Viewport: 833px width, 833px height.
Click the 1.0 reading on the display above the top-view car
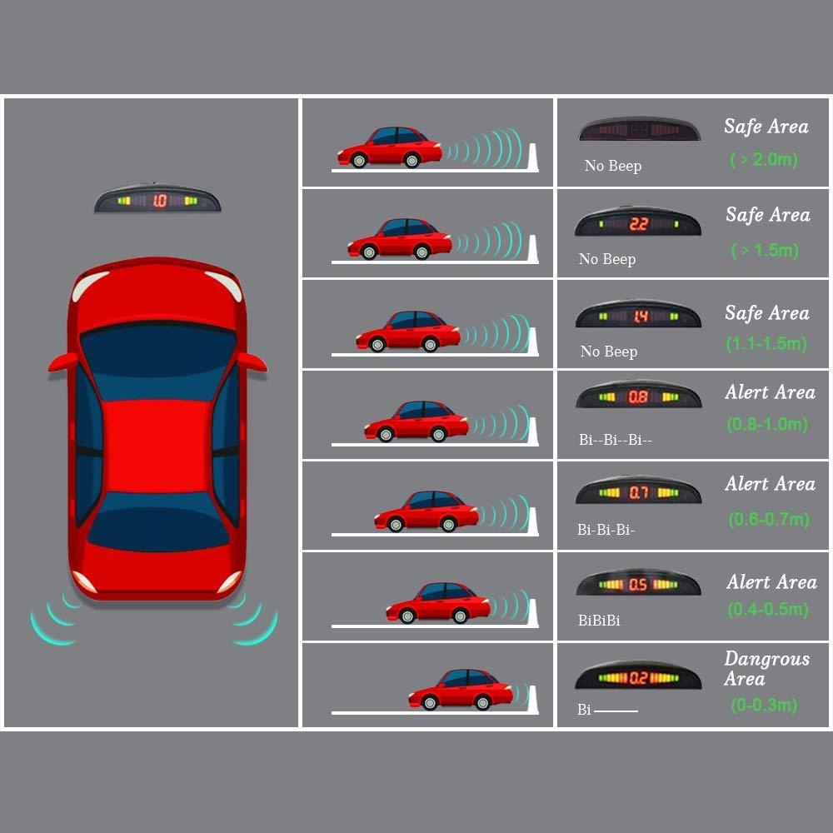(160, 200)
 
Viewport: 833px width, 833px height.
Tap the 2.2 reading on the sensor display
(639, 224)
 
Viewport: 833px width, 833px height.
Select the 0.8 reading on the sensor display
(638, 397)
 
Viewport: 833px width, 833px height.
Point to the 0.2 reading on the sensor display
(639, 678)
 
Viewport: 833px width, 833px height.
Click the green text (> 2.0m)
(764, 159)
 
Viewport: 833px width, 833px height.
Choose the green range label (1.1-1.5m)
(766, 344)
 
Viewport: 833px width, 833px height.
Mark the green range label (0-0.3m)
(763, 705)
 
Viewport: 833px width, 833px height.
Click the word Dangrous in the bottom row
(766, 659)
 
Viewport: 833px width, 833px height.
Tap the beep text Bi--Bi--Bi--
(616, 440)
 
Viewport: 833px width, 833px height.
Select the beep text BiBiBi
(599, 620)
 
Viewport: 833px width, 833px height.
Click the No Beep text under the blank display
(613, 166)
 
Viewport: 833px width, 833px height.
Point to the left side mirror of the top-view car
(62, 362)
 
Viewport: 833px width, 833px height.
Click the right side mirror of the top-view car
(252, 362)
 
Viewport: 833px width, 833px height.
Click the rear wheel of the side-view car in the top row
(358, 160)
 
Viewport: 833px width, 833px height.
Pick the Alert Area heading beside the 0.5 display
(772, 581)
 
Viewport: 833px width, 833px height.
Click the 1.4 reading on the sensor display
(639, 317)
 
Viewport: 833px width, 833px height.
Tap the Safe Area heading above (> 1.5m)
(768, 215)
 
